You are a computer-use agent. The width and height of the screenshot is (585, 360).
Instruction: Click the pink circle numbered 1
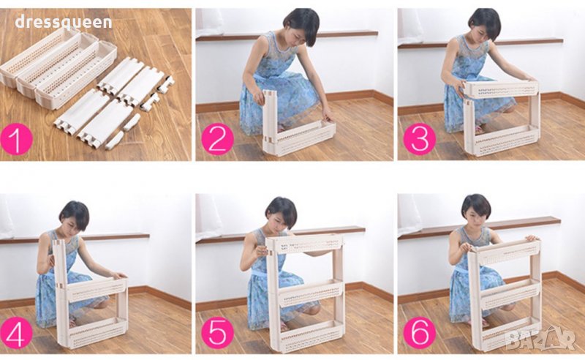[x=16, y=138]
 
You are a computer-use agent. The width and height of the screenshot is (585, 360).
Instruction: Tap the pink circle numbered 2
[x=217, y=138]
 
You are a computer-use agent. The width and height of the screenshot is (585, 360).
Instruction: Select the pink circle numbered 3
[x=420, y=138]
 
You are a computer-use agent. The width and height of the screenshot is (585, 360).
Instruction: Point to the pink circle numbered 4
[x=16, y=333]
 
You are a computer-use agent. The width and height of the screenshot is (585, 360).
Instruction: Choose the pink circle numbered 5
[x=217, y=333]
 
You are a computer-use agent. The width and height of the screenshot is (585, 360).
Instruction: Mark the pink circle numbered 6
[x=420, y=333]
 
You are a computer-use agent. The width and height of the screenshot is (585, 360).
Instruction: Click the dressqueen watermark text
[x=64, y=23]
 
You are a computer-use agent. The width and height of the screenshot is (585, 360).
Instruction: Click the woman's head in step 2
[x=301, y=26]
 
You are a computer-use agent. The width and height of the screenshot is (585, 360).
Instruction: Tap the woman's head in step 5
[x=281, y=214]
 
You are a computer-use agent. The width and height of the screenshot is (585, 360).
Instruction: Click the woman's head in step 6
[x=476, y=210]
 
